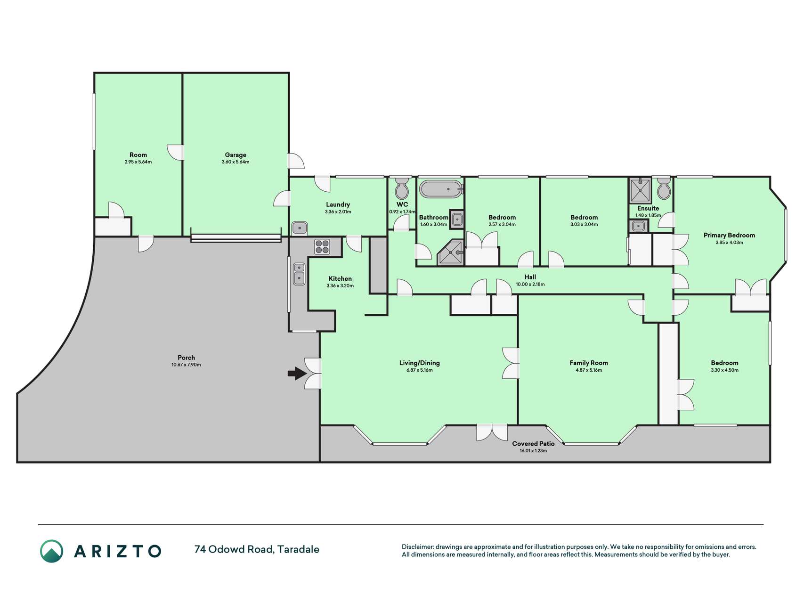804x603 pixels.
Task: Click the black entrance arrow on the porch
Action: click(x=296, y=374)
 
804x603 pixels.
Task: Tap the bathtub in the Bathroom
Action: click(x=441, y=189)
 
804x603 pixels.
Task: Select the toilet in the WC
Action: click(x=402, y=188)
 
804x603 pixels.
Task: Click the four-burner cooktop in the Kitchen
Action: click(x=322, y=246)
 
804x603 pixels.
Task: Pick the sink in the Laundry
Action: click(x=300, y=228)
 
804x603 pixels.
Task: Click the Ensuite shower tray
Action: click(x=640, y=191)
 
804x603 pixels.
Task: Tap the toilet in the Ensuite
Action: click(x=664, y=189)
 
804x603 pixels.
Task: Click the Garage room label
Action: click(x=236, y=155)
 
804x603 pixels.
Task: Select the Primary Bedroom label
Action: click(x=729, y=235)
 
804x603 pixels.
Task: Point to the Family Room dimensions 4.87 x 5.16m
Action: click(x=589, y=370)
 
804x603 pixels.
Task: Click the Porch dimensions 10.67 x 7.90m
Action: click(x=186, y=365)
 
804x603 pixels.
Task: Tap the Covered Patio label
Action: click(x=533, y=443)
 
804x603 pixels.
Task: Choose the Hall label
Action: click(x=530, y=277)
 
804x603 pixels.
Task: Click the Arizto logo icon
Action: click(x=51, y=551)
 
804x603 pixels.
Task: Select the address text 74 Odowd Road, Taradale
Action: click(x=257, y=549)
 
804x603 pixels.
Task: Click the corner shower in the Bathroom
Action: click(x=450, y=253)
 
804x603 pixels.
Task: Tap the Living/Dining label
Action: click(x=419, y=363)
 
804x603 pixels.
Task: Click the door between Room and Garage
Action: click(x=176, y=152)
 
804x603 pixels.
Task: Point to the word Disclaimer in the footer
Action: click(x=417, y=547)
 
